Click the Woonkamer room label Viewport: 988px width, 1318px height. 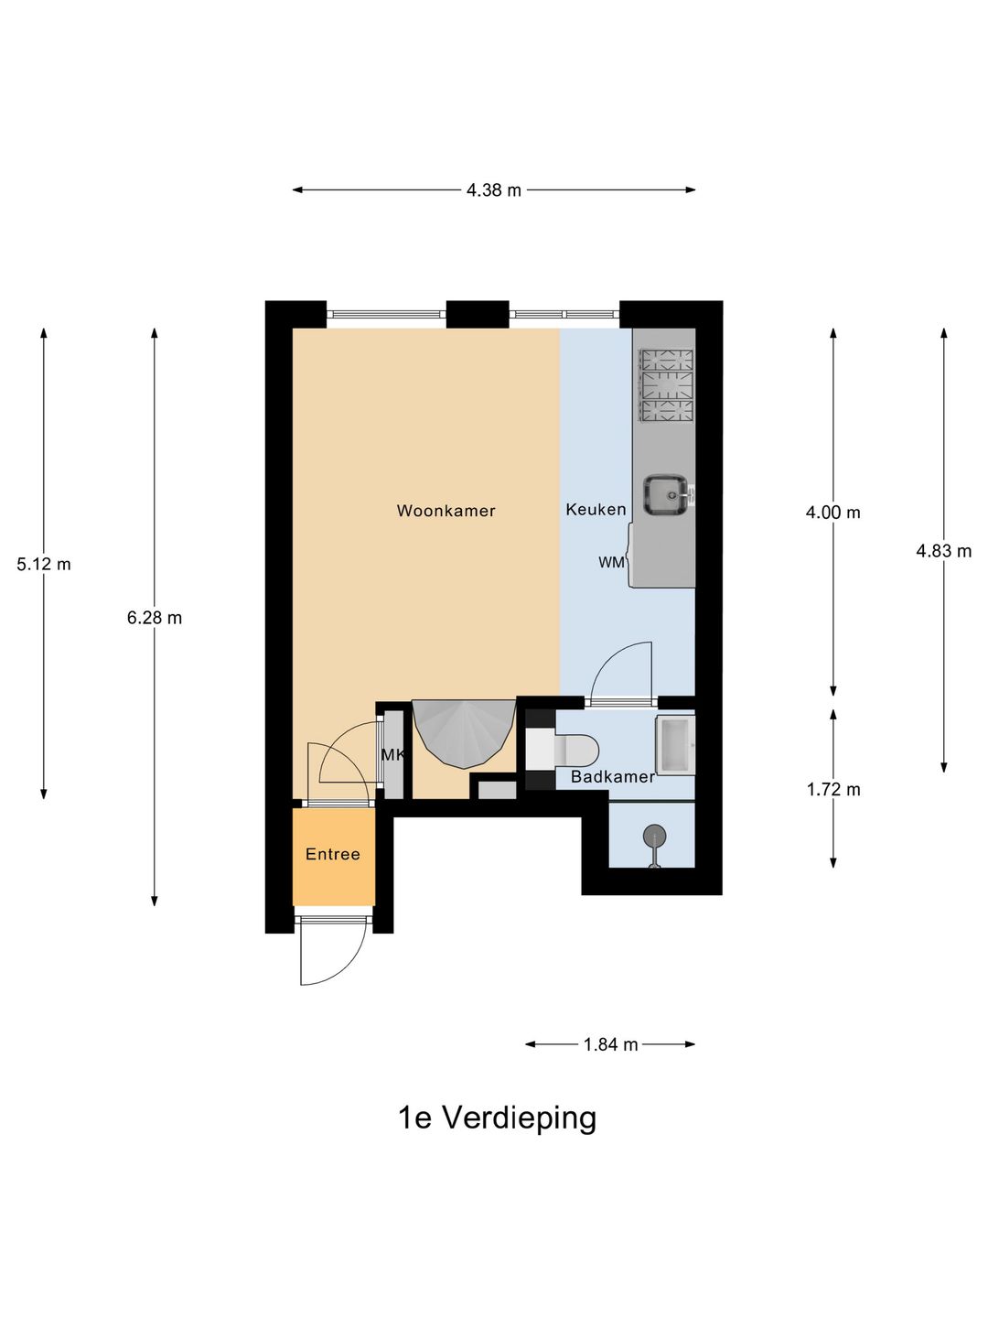click(x=446, y=511)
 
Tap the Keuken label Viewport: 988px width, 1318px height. click(x=596, y=510)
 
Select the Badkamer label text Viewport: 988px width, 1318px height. click(x=613, y=777)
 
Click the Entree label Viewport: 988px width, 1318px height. click(x=332, y=855)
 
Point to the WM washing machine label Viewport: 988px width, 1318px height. click(x=612, y=563)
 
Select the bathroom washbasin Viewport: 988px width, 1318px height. click(x=675, y=745)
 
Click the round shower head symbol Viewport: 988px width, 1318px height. click(x=654, y=836)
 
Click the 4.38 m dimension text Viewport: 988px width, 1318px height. click(x=494, y=190)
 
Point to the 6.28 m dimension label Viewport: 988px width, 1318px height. click(x=155, y=618)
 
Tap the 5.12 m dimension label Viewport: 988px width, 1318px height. click(x=44, y=565)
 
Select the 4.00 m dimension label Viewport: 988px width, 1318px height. click(x=832, y=513)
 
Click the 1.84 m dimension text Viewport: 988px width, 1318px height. click(x=611, y=1045)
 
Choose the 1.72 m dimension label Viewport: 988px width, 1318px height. click(x=833, y=790)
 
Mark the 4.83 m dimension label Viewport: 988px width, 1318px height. click(x=943, y=551)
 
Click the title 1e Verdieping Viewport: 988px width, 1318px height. click(x=498, y=1118)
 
